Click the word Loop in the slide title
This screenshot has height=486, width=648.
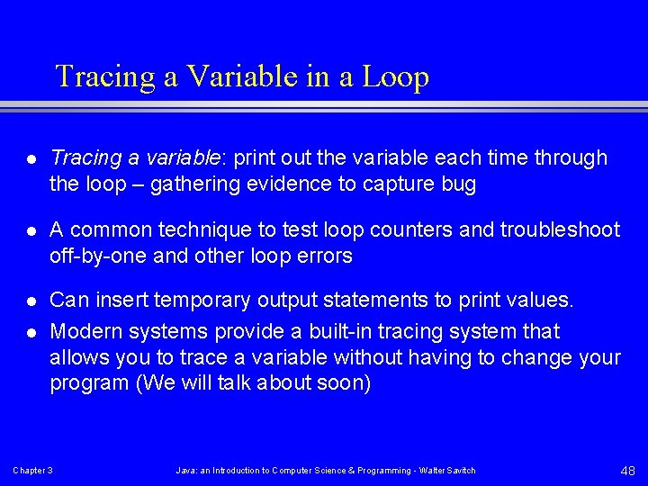tap(395, 77)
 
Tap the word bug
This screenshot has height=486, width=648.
tap(458, 185)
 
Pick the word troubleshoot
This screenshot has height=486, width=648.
tap(566, 230)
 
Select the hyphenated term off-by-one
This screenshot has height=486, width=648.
tap(99, 256)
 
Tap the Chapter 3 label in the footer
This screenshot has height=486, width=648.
tap(32, 471)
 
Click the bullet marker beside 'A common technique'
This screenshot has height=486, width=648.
tap(31, 230)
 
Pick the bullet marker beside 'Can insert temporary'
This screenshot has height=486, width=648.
tap(31, 299)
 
